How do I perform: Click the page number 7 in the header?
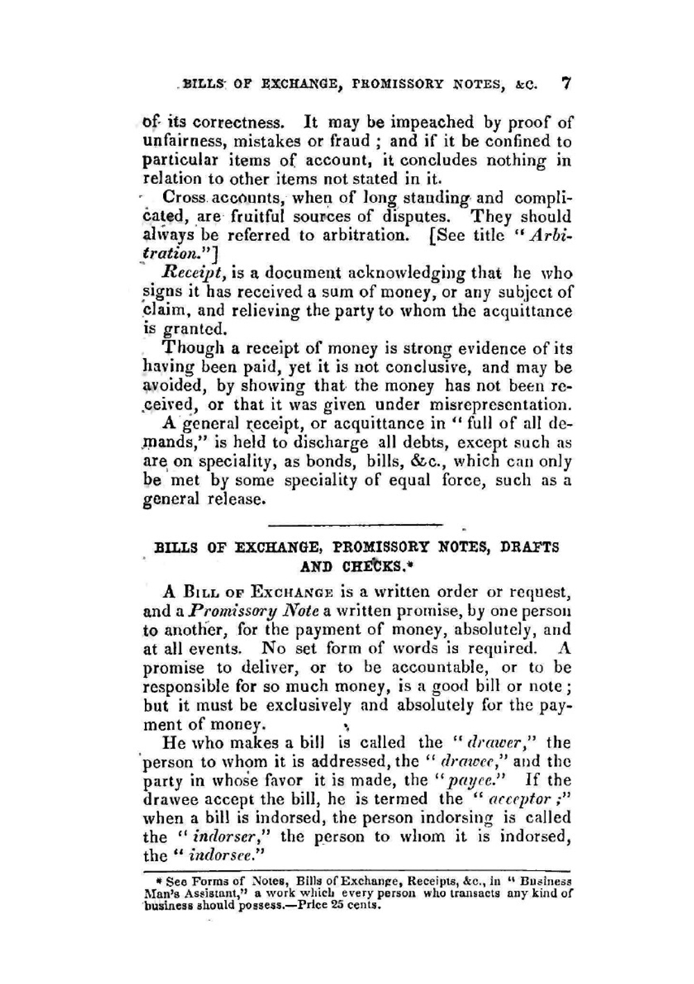click(x=566, y=84)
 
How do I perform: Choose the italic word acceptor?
click(x=496, y=799)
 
